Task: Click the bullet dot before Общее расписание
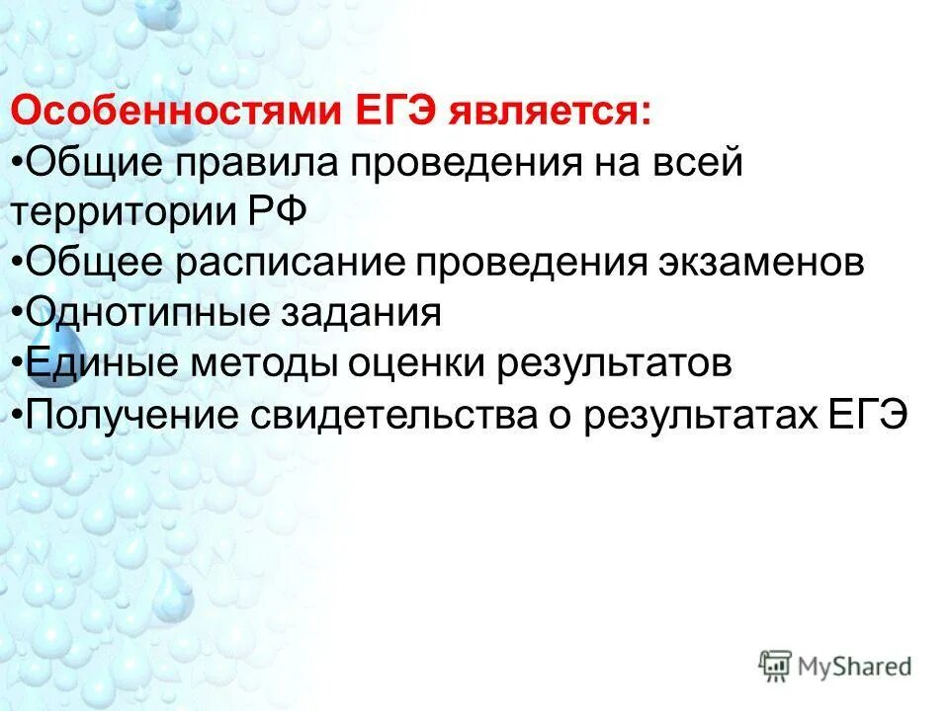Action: pos(19,263)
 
